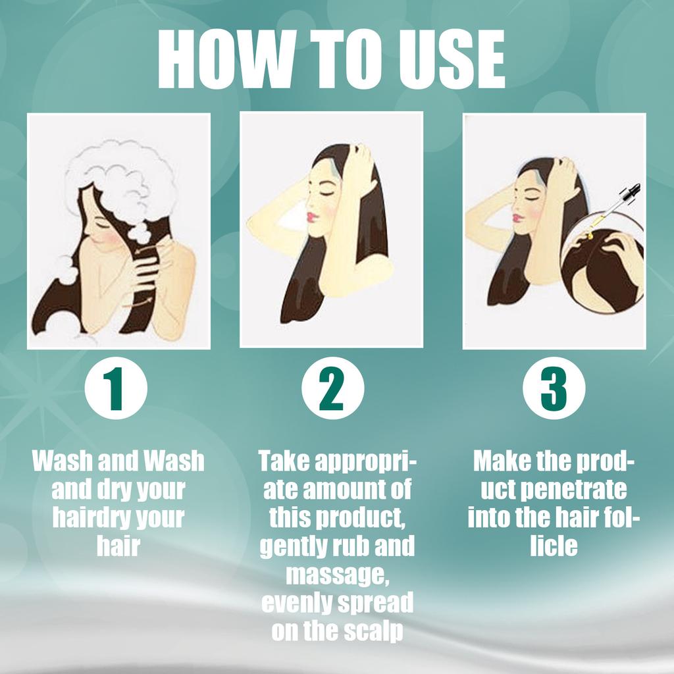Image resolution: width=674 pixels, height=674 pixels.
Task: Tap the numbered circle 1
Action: coord(116,388)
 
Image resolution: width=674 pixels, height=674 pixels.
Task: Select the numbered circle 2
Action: coord(332,388)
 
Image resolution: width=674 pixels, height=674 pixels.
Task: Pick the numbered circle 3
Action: coord(554,388)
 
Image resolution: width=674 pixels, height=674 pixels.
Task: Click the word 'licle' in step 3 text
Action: coord(554,546)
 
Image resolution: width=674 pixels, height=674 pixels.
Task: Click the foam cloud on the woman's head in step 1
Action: coord(122,185)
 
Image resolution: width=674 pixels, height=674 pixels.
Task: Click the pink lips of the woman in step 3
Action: coord(517,218)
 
